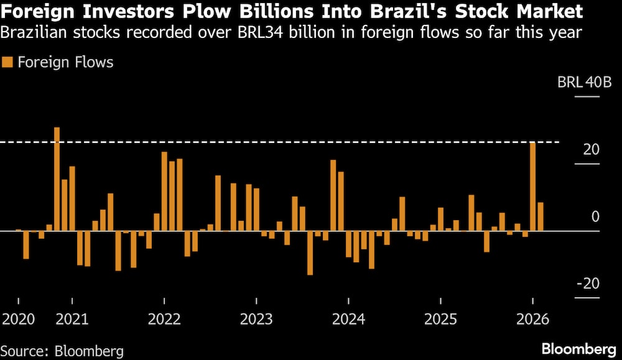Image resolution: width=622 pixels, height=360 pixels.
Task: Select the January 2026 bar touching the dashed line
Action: point(533,187)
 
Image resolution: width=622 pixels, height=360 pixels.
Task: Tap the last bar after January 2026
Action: point(541,216)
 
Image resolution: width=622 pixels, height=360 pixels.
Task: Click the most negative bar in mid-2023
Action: point(310,253)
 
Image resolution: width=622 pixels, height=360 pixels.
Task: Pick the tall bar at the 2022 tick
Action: point(164,192)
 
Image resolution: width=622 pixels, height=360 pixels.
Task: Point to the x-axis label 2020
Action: point(19,320)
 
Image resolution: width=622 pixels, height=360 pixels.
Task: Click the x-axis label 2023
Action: point(256,320)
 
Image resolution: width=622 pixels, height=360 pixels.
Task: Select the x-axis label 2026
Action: point(532,320)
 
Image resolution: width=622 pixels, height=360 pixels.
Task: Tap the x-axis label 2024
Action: point(348,320)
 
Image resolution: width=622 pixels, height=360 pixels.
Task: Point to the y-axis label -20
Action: point(588,284)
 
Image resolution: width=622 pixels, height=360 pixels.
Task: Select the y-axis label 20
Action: point(592,150)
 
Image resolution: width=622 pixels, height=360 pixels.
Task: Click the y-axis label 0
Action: point(595,217)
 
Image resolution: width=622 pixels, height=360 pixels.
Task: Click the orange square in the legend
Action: point(7,62)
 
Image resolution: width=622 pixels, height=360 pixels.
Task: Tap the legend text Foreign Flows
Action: point(65,62)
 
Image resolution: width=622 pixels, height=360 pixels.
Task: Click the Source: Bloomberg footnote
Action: point(62,351)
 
